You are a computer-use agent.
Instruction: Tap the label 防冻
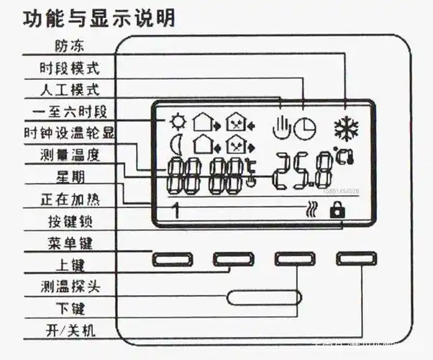[x=70, y=46]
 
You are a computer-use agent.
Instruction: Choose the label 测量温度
[x=69, y=155]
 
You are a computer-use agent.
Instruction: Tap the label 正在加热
[x=69, y=199]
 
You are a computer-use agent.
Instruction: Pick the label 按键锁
[x=70, y=221]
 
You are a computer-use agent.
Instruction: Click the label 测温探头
[x=69, y=287]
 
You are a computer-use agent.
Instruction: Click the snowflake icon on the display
[x=346, y=128]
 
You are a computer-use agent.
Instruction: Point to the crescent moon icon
[x=174, y=145]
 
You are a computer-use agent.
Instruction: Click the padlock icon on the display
[x=334, y=210]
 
